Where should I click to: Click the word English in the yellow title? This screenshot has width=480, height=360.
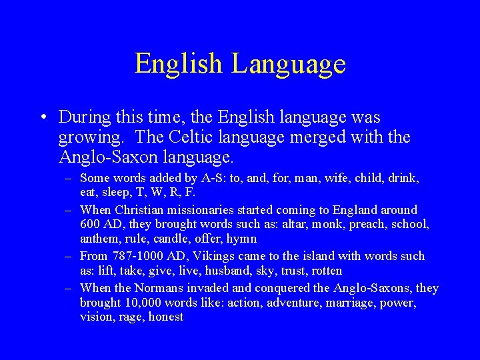178,64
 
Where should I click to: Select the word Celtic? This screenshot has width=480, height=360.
199,137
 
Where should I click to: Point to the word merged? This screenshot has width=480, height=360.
318,137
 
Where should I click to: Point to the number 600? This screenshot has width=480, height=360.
89,225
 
